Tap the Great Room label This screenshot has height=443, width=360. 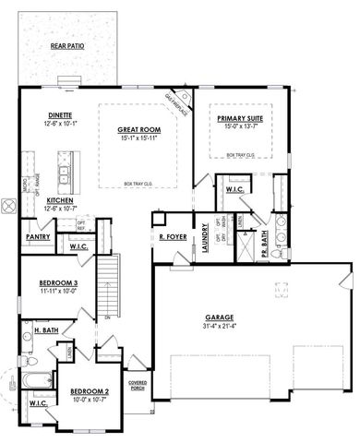coord(139,130)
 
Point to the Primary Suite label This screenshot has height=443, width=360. coord(239,119)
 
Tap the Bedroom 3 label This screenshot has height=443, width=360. coord(57,283)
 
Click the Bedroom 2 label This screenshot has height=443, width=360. coord(90,391)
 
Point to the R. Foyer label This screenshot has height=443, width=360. coord(173,237)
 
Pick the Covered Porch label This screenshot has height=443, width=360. coord(138,384)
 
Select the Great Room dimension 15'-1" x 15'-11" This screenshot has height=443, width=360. coord(139,139)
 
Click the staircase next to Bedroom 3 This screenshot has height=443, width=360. coord(111,285)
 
